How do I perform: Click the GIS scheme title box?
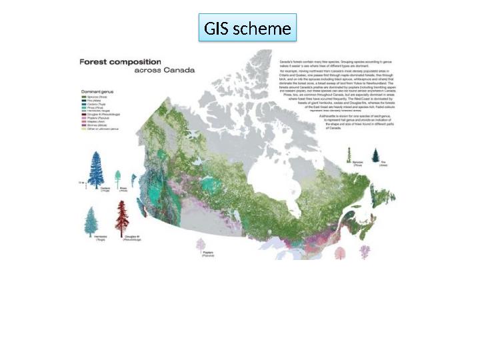click(x=247, y=29)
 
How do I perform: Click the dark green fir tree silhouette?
click(x=375, y=157)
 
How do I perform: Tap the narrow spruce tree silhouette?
click(x=349, y=155)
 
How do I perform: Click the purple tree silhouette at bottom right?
click(x=365, y=252)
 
